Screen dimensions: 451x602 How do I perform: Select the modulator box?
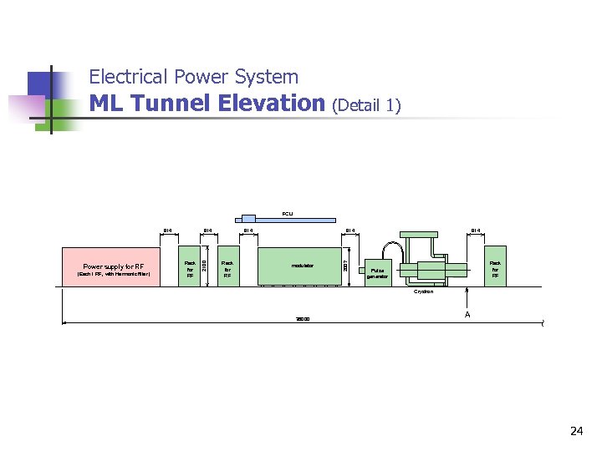point(302,266)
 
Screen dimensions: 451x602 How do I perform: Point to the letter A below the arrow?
point(467,315)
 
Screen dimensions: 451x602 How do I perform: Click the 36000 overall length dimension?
point(302,319)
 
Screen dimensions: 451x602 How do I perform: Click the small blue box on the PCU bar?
point(248,219)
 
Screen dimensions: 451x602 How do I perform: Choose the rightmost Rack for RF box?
point(495,267)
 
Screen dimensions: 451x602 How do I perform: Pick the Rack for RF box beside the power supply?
point(190,267)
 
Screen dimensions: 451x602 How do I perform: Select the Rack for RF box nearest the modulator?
point(227,267)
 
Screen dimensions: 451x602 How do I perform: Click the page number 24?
point(576,431)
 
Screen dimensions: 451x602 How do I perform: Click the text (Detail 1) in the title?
point(366,105)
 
